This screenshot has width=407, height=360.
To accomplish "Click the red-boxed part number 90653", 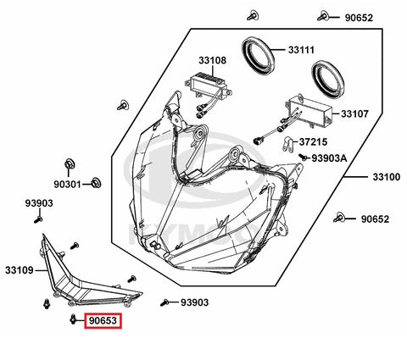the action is [103, 321].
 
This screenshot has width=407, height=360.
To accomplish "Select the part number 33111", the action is [301, 50].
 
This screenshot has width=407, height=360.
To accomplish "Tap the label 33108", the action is [212, 60].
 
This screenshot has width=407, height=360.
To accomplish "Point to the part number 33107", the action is [354, 114].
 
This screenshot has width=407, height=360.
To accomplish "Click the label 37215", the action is [313, 141].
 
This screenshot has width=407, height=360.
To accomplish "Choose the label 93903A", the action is [329, 158].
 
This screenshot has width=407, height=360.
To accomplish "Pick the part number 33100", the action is [387, 177].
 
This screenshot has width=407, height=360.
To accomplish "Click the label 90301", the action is [67, 185].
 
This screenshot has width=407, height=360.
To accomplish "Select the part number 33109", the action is [20, 270].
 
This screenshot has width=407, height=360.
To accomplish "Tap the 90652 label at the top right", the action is [359, 18].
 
